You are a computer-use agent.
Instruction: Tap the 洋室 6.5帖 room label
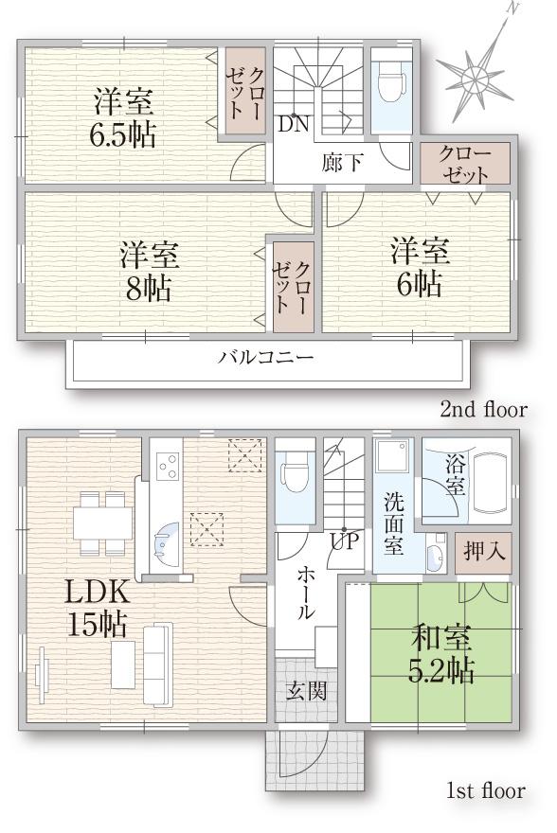(x=122, y=118)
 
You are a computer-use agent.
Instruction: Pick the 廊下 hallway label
(x=342, y=162)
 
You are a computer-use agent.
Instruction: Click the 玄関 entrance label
(x=307, y=690)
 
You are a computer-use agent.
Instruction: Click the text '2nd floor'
(x=483, y=410)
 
